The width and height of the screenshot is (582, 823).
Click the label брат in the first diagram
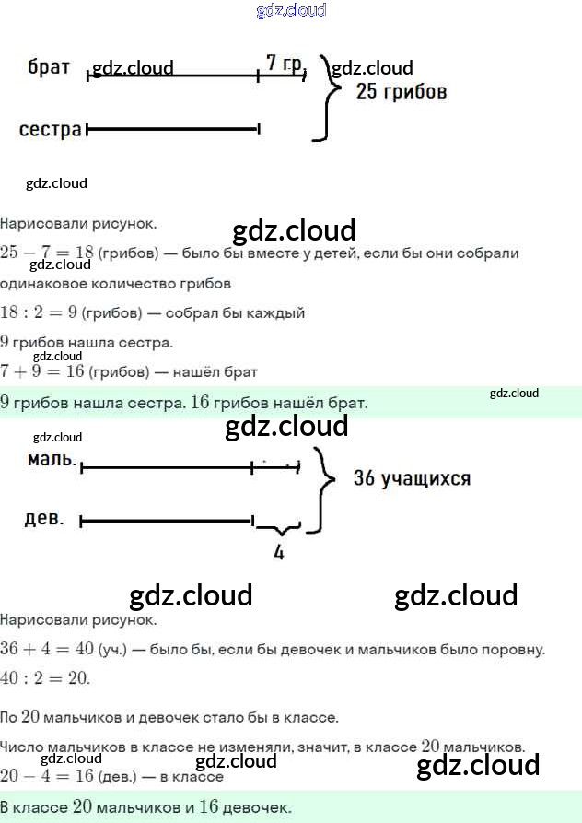click(x=50, y=67)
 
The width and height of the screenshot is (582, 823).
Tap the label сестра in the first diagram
click(x=51, y=129)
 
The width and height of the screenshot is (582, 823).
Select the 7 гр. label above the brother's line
click(x=284, y=63)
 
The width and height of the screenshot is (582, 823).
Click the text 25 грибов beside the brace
click(x=402, y=91)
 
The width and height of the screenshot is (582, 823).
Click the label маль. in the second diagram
click(x=52, y=458)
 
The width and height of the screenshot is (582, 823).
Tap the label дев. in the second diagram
click(x=44, y=518)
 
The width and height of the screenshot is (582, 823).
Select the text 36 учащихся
click(x=412, y=478)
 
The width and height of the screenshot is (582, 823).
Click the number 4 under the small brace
click(x=278, y=553)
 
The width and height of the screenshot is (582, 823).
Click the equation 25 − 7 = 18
click(x=47, y=253)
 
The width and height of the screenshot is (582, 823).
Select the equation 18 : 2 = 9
click(x=38, y=312)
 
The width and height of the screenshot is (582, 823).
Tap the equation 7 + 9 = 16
click(x=38, y=372)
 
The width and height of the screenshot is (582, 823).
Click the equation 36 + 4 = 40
click(x=47, y=649)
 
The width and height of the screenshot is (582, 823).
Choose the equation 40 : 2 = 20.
click(x=45, y=678)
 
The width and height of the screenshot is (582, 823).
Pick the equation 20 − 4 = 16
click(x=47, y=776)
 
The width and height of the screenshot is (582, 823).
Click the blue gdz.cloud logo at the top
click(x=291, y=11)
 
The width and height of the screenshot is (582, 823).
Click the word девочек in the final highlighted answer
click(x=257, y=807)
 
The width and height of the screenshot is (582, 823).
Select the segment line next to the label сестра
click(x=172, y=129)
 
